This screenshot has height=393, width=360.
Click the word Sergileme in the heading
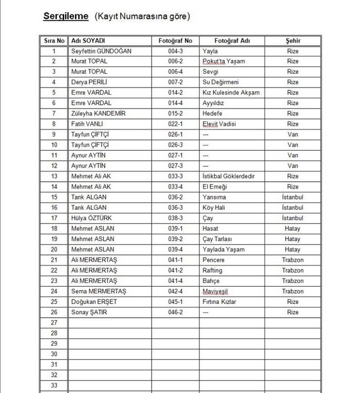pyautogui.click(x=66, y=17)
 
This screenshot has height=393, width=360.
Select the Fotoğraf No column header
pyautogui.click(x=175, y=41)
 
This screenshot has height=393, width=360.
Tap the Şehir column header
pyautogui.click(x=293, y=41)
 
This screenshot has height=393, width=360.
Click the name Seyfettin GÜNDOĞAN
pyautogui.click(x=102, y=51)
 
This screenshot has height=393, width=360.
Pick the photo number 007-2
pyautogui.click(x=175, y=82)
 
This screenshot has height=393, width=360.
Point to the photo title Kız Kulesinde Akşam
pyautogui.click(x=231, y=93)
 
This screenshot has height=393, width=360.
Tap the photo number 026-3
pyautogui.click(x=175, y=145)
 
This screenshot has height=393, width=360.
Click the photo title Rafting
pyautogui.click(x=212, y=270)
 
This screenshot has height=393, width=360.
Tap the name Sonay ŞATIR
pyautogui.click(x=90, y=312)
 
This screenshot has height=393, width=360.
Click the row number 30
pyautogui.click(x=54, y=354)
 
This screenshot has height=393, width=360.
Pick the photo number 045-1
pyautogui.click(x=175, y=302)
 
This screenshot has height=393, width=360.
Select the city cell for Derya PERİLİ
pyautogui.click(x=293, y=82)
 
